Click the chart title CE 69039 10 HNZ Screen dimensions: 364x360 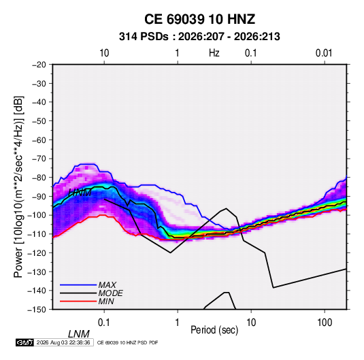click(199, 19)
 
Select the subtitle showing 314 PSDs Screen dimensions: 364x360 click(199, 37)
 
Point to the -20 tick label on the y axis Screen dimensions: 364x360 click(39, 65)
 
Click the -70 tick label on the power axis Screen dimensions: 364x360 click(39, 159)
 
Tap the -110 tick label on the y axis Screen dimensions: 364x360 click(37, 234)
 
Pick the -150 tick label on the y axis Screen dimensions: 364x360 click(37, 310)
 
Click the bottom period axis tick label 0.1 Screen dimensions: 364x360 click(104, 323)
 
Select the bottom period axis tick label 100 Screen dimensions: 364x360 click(325, 323)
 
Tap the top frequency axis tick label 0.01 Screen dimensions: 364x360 click(324, 53)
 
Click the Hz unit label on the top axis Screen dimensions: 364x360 click(214, 53)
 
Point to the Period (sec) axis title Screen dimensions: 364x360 click(214, 330)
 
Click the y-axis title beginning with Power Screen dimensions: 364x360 click(18, 186)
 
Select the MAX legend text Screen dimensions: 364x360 click(107, 285)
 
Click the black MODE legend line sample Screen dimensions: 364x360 click(78, 293)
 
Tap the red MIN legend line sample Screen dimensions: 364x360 click(78, 301)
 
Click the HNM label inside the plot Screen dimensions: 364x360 click(80, 193)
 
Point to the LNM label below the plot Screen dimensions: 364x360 click(79, 334)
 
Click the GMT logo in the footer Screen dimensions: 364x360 click(25, 342)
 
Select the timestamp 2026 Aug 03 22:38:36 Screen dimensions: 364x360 click(63, 342)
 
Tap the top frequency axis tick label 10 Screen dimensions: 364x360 click(104, 53)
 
